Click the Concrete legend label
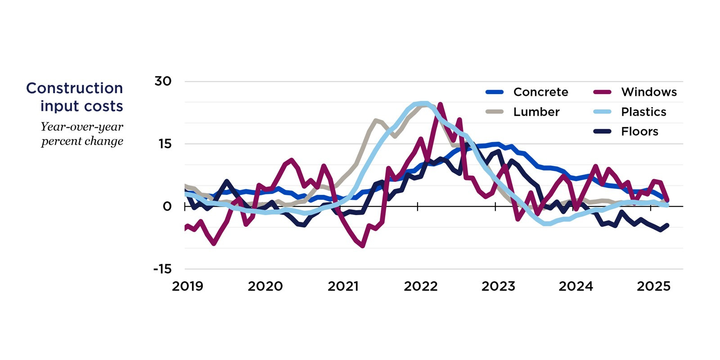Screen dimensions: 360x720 (540, 92)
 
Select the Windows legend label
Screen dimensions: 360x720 (648, 92)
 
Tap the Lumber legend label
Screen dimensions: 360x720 (536, 112)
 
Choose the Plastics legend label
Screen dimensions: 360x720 (643, 112)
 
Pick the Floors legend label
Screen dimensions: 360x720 (639, 132)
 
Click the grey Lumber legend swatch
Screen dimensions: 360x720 (494, 112)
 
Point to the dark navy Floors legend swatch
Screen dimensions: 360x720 (602, 132)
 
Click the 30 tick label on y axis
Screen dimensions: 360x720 (163, 81)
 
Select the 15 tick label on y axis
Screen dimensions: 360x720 (165, 144)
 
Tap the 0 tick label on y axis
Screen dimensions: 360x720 (167, 207)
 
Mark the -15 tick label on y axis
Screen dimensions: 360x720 (162, 269)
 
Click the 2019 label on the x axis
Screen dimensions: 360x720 (188, 286)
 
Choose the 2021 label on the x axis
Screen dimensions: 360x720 (343, 286)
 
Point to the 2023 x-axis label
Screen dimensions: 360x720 (498, 286)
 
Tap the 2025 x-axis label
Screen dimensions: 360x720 (653, 286)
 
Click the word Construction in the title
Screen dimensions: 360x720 (75, 88)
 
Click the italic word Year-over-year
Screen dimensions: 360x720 (82, 127)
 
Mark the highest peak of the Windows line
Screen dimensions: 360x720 (440, 104)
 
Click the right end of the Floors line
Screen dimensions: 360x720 (667, 225)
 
